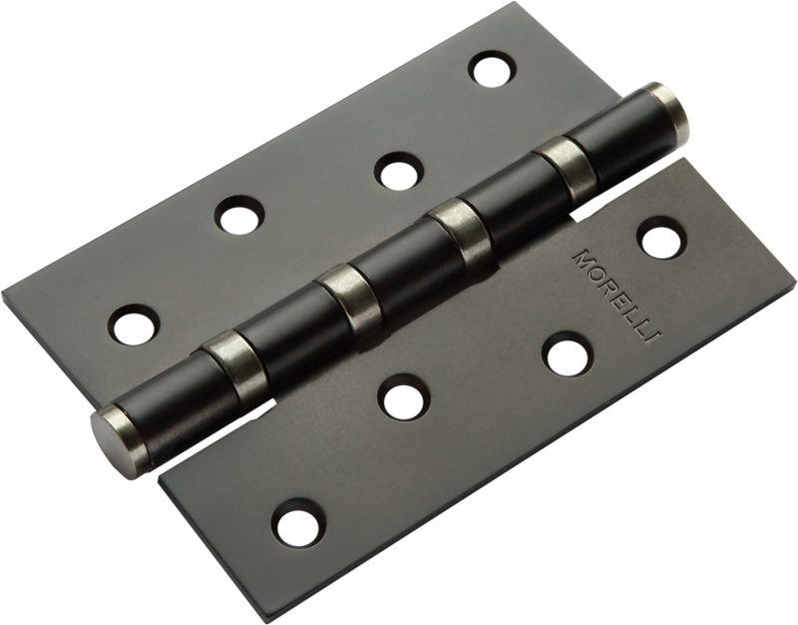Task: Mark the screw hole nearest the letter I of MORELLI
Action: (x=566, y=354)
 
